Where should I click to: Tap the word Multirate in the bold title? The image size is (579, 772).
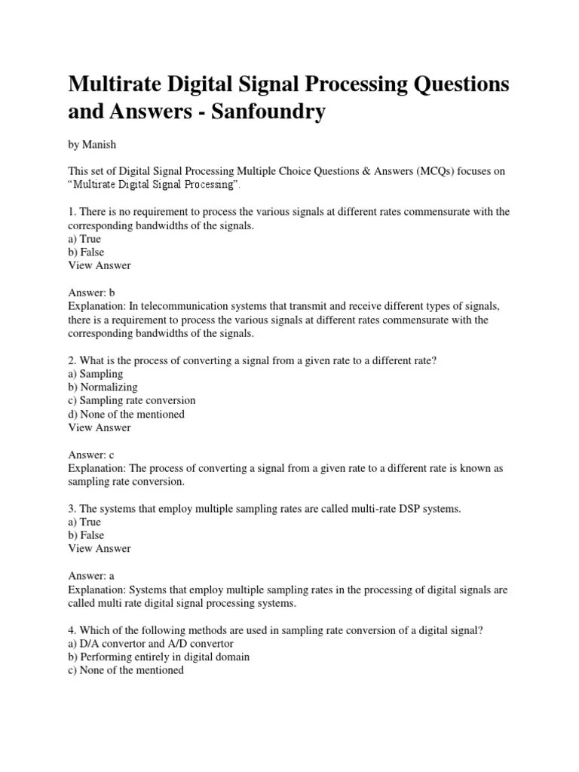(x=117, y=84)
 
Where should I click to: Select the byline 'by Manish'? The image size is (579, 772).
(x=93, y=143)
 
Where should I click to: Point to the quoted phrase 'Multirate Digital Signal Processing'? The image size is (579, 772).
(x=155, y=185)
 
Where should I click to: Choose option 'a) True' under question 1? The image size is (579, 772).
(x=84, y=239)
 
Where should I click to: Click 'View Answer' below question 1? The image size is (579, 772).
(x=100, y=265)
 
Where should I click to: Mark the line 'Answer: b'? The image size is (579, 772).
(x=91, y=293)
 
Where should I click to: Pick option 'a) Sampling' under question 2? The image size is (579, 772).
(x=96, y=374)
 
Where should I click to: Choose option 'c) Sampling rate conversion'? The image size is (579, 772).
(x=132, y=400)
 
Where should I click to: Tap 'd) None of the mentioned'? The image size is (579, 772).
(x=127, y=414)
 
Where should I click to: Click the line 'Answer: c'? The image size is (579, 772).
(x=91, y=455)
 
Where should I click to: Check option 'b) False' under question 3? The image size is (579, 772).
(x=86, y=535)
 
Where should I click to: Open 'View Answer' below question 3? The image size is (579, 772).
(x=100, y=549)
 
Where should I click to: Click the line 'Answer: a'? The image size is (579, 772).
(x=91, y=576)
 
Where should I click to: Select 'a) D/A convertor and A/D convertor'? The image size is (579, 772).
(x=151, y=643)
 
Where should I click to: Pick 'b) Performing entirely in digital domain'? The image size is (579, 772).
(x=159, y=657)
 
